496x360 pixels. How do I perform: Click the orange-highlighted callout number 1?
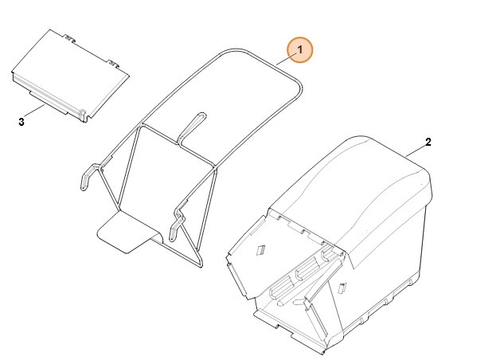300,49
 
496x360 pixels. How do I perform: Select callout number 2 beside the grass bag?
428,142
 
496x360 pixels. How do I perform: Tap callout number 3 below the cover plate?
21,122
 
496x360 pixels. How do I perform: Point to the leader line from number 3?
34,110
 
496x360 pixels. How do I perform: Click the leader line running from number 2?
416,151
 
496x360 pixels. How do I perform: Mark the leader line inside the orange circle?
286,59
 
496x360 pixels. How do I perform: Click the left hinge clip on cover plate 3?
71,38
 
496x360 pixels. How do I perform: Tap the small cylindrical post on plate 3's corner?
83,115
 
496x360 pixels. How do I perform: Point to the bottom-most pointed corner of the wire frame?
201,266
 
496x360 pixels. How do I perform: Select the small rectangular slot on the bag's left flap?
260,250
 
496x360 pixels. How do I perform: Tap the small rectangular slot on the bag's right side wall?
342,288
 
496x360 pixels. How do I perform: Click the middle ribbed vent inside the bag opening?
307,268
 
